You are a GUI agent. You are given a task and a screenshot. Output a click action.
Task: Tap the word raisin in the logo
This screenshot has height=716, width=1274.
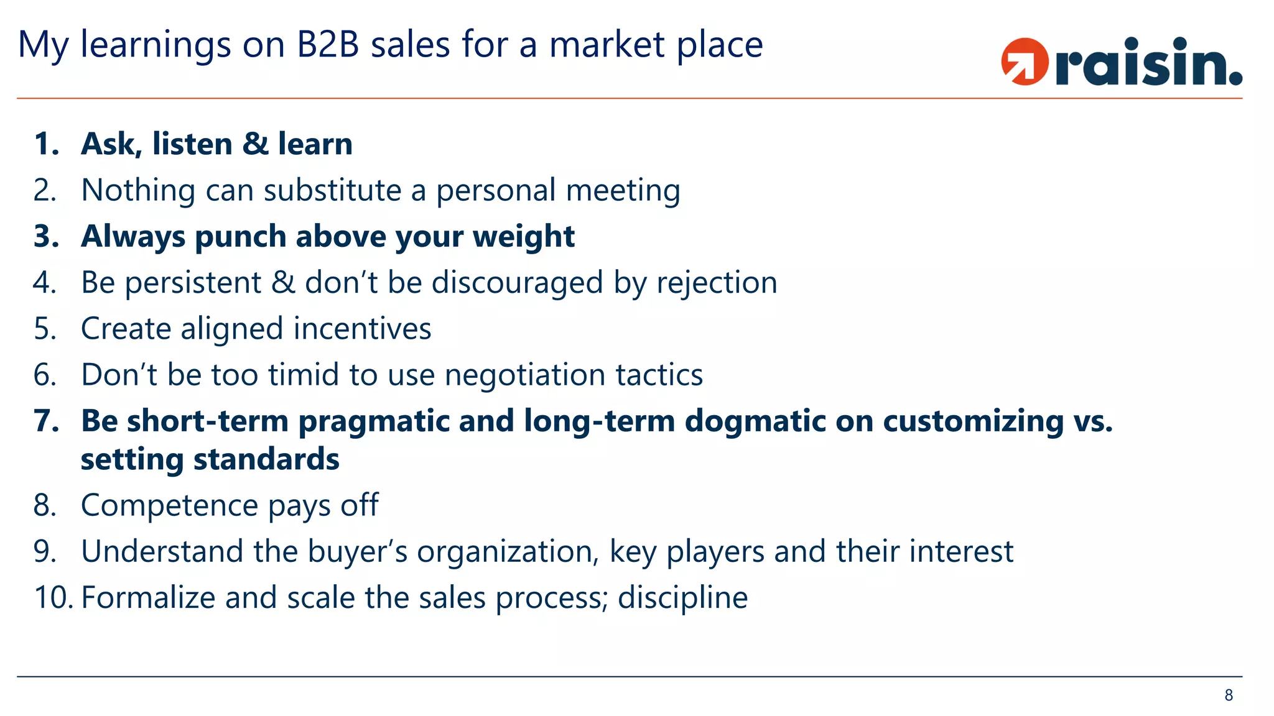[x=1148, y=63]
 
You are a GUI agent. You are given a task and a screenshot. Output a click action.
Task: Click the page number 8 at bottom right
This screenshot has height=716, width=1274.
[x=1229, y=695]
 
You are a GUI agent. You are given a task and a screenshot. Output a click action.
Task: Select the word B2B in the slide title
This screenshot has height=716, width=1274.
[x=328, y=45]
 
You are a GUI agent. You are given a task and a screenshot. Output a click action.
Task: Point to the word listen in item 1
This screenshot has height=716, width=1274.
[x=192, y=144]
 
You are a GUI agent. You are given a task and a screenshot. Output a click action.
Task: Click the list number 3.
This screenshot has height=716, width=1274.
[x=45, y=237]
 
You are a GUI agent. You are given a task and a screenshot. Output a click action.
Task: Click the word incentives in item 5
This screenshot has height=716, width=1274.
[x=362, y=329]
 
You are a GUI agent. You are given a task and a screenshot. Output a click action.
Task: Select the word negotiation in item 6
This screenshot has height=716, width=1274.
[x=525, y=375]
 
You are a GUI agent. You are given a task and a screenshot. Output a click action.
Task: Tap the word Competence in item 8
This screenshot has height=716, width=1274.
[x=169, y=505]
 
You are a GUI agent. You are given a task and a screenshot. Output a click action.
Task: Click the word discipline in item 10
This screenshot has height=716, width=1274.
[x=682, y=598]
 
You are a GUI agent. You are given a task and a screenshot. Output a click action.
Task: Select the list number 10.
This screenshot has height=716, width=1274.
[x=53, y=598]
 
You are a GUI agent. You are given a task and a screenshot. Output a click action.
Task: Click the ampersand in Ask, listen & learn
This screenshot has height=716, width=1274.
[x=255, y=144]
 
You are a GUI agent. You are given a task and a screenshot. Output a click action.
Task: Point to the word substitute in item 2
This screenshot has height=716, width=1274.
[x=332, y=190]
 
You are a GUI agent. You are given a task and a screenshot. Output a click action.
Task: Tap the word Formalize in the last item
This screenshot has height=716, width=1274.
[x=148, y=598]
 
